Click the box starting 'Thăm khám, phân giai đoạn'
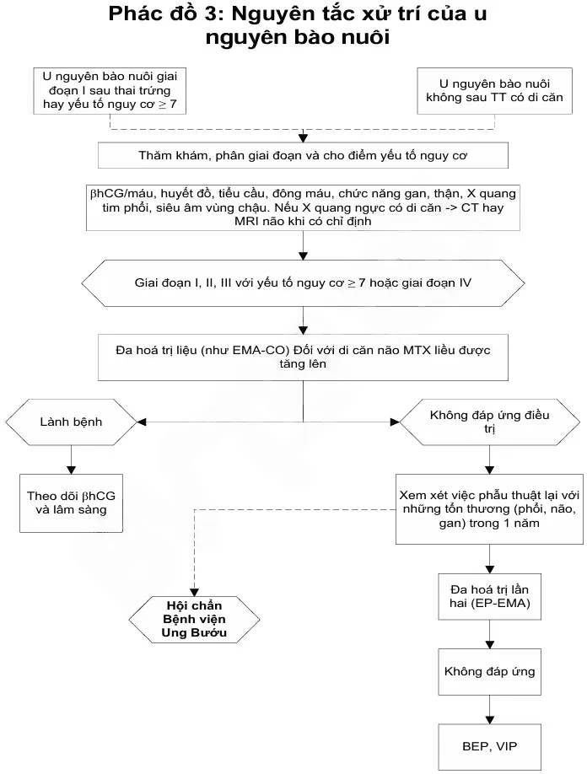tap(303, 156)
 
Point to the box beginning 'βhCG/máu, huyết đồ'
tap(303, 207)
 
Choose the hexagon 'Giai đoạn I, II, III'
tap(303, 282)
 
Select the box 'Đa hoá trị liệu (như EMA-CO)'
tap(303, 356)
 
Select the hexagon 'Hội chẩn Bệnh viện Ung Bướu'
tap(196, 619)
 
